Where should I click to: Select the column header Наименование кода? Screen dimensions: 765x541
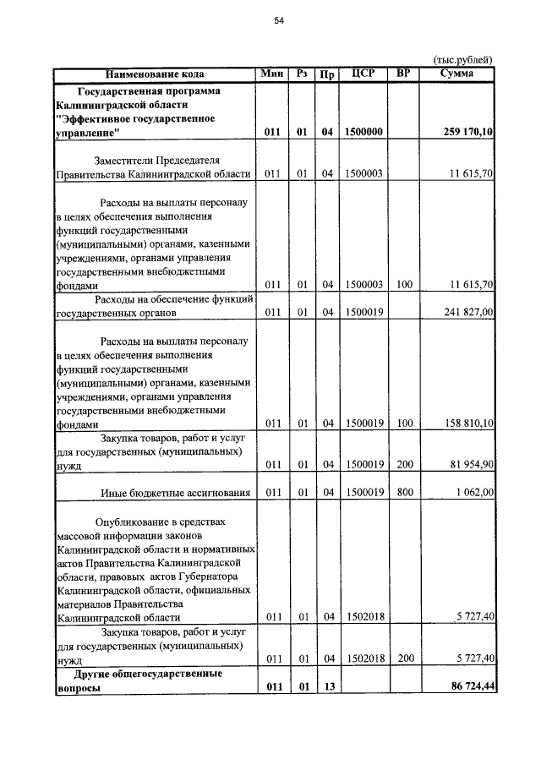pos(155,74)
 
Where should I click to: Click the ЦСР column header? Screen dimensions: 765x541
pos(363,74)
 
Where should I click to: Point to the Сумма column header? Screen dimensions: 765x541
pos(457,74)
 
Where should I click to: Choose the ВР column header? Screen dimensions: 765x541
pos(403,74)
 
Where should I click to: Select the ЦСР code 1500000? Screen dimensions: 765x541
pos(363,133)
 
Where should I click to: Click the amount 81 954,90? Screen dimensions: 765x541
pos(468,465)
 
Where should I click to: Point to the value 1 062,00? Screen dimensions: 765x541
pos(473,493)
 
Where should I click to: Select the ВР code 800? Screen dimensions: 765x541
pos(403,493)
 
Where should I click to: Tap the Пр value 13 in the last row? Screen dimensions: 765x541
pos(326,687)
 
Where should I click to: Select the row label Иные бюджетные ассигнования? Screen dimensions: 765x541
pos(176,493)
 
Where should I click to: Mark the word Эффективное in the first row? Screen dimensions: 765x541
pos(92,119)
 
